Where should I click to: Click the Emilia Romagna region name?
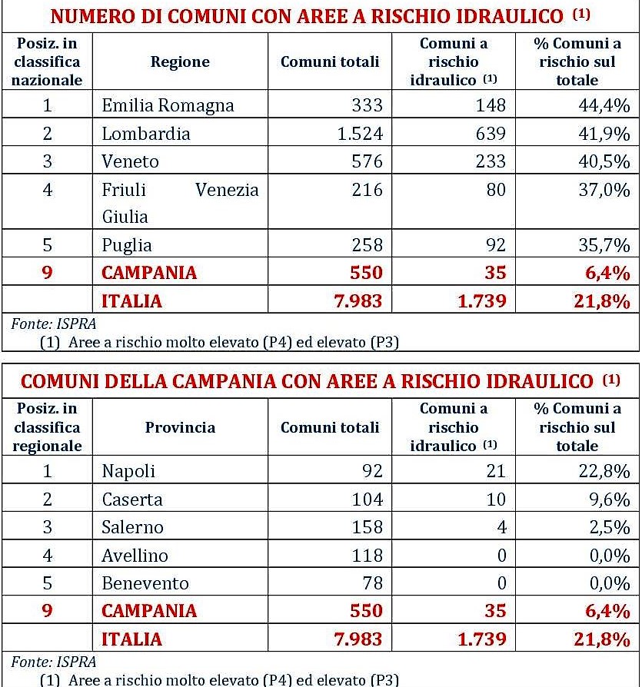tap(168, 105)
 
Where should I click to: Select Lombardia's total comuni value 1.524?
tap(360, 133)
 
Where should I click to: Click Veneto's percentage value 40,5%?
tap(604, 161)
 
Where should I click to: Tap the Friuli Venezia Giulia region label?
tap(180, 203)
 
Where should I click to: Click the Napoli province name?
tap(128, 471)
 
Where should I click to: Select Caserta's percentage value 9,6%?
tap(609, 499)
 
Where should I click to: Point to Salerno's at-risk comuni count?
tap(501, 527)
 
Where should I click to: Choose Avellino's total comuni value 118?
tap(366, 555)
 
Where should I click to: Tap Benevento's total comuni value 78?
tap(371, 583)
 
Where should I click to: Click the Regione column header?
tap(180, 62)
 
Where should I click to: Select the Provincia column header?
tap(180, 427)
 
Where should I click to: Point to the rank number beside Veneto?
tap(47, 161)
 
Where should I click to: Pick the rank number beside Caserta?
tap(47, 499)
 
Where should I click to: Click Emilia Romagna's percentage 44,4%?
tap(604, 105)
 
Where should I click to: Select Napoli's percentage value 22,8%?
tap(604, 471)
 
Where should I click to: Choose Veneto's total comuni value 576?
tap(366, 161)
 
